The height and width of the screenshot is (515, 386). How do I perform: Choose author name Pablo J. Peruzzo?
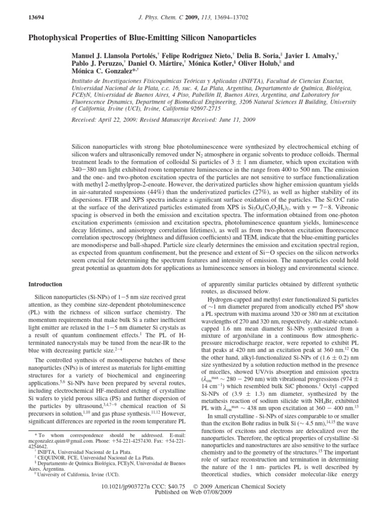[98, 64]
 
